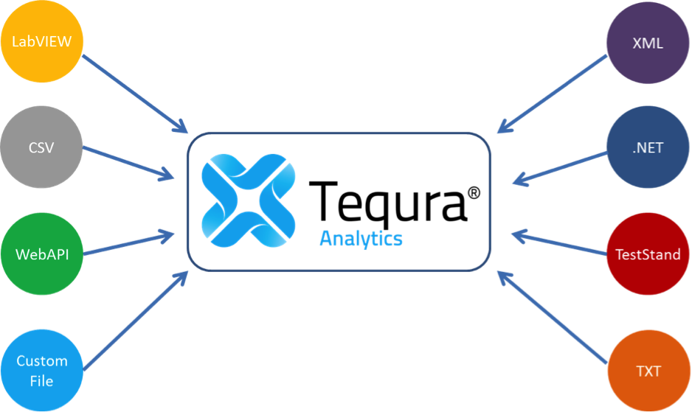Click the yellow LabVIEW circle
[x=42, y=41]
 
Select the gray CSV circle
[x=41, y=147]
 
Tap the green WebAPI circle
[x=42, y=254]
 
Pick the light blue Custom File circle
[x=42, y=371]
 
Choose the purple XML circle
[x=648, y=42]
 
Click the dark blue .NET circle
[x=648, y=147]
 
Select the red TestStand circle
[x=648, y=254]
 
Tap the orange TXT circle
[x=648, y=371]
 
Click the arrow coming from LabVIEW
[x=135, y=94]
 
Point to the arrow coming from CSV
[x=128, y=163]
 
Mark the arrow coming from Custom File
[x=136, y=321]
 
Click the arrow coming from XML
[x=552, y=94]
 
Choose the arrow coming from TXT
[x=553, y=318]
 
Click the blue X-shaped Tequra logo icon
[x=249, y=200]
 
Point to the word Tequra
[x=387, y=200]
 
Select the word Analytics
[x=361, y=239]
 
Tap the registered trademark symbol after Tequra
[x=474, y=193]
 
